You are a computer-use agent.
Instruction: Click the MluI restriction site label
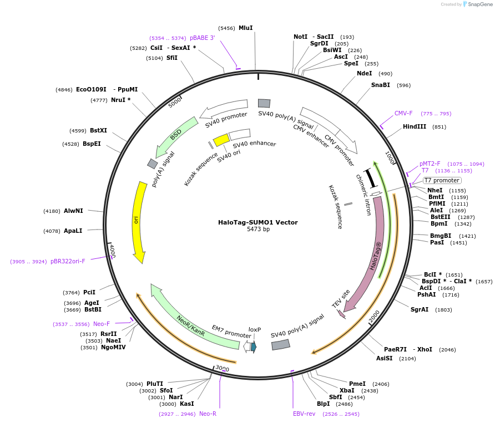[246, 28]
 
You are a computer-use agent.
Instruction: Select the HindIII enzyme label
[415, 126]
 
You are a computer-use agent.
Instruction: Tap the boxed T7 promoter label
[442, 180]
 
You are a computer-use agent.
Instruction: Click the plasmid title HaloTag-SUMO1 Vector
[258, 222]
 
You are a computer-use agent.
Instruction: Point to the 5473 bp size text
[258, 229]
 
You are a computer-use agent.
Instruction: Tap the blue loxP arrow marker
[254, 347]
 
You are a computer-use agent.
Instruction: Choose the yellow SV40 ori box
[221, 140]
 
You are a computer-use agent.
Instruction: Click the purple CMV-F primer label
[403, 113]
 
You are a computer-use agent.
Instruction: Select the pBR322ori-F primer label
[68, 261]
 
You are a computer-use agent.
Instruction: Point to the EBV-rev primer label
[304, 414]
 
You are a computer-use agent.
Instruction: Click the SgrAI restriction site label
[420, 309]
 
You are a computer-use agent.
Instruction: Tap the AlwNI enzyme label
[73, 211]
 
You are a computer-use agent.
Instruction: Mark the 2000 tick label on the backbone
[374, 317]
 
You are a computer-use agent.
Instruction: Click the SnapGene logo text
[480, 4]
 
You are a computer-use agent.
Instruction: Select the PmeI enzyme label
[357, 384]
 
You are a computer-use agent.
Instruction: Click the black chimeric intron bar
[370, 179]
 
